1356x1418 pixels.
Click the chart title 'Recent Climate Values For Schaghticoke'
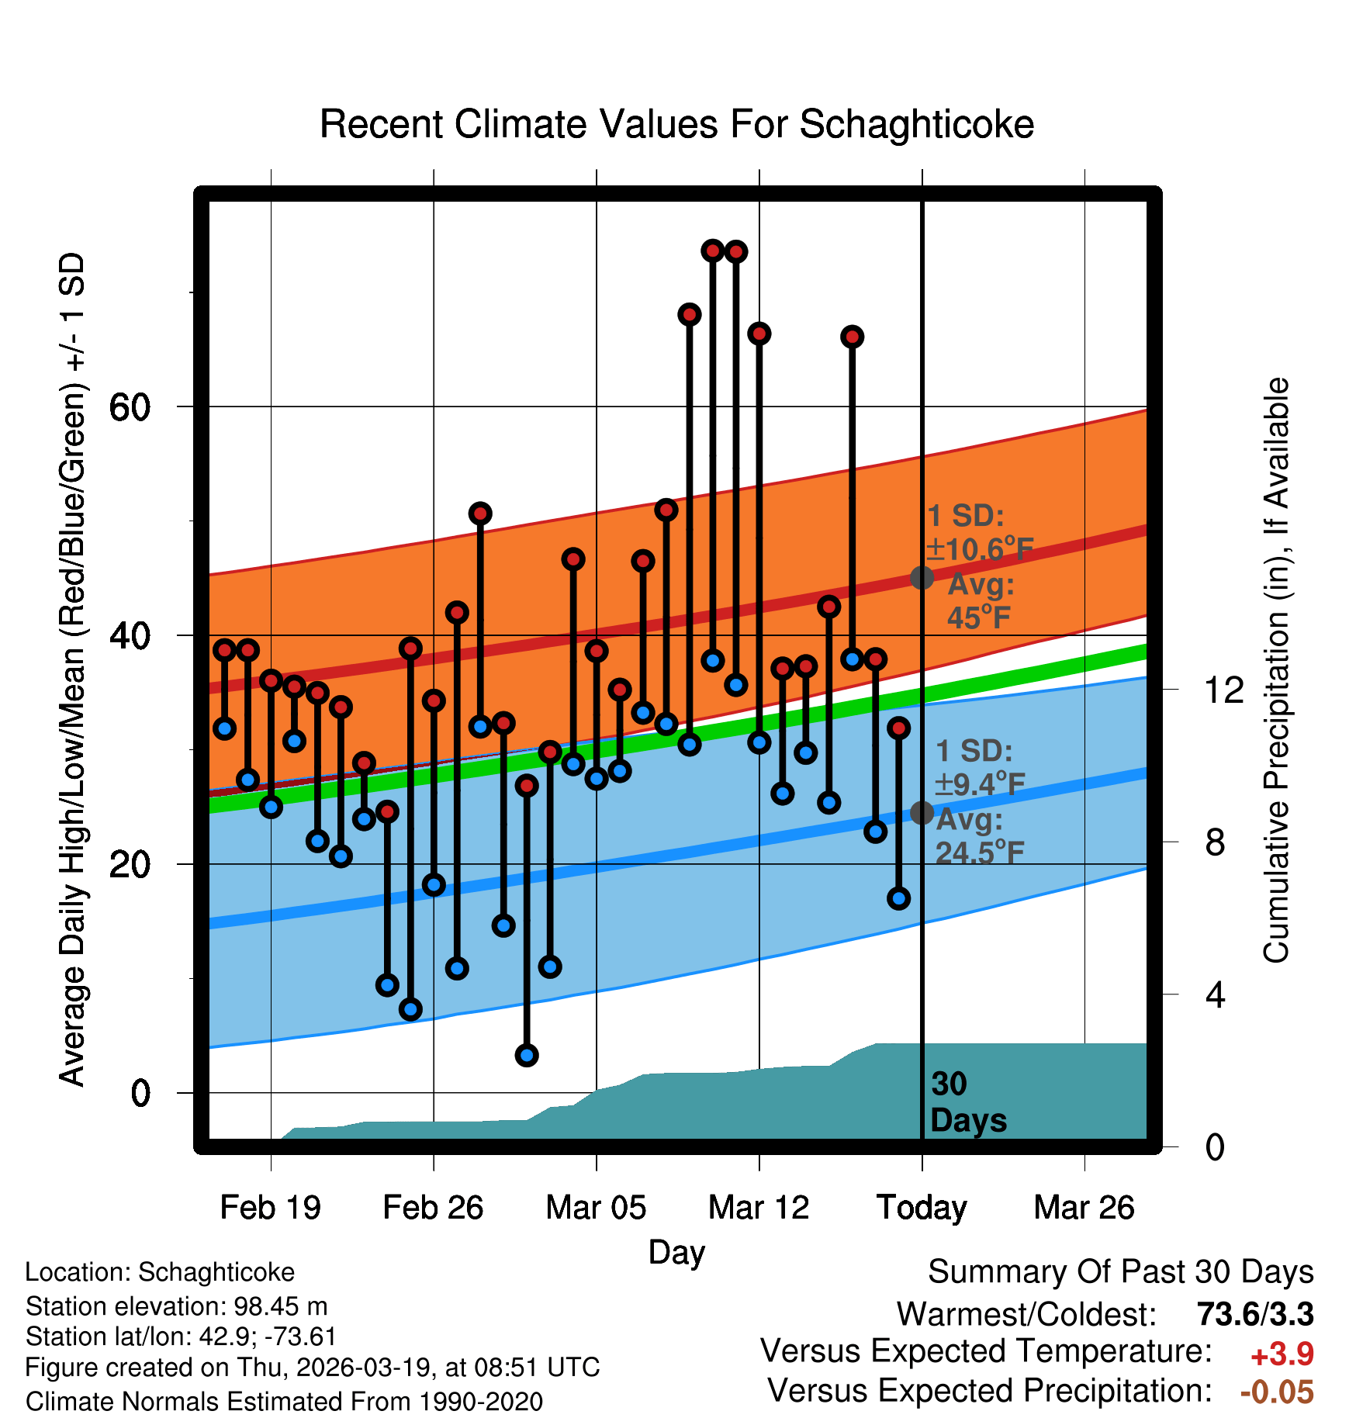point(676,125)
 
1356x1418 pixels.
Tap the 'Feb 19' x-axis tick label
point(270,1208)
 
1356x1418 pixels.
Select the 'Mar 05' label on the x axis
point(596,1208)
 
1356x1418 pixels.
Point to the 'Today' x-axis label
point(922,1208)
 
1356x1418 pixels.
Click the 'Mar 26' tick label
point(1084,1208)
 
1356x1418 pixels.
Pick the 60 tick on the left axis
point(130,407)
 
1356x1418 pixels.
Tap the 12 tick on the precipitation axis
point(1223,690)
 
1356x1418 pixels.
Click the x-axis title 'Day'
point(676,1252)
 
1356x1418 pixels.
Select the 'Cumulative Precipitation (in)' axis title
point(1276,671)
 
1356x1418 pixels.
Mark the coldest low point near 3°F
point(527,1055)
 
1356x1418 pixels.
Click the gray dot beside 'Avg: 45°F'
point(922,577)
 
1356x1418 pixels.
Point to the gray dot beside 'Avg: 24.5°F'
point(922,813)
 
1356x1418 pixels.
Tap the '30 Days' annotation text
point(967,1102)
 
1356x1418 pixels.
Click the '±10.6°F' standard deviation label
point(979,549)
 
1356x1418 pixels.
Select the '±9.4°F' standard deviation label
point(979,785)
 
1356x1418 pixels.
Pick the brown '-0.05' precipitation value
point(1277,1392)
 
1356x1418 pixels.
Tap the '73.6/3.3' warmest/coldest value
point(1255,1314)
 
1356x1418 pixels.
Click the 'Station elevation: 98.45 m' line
point(177,1306)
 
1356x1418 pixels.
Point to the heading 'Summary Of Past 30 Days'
point(1120,1272)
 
